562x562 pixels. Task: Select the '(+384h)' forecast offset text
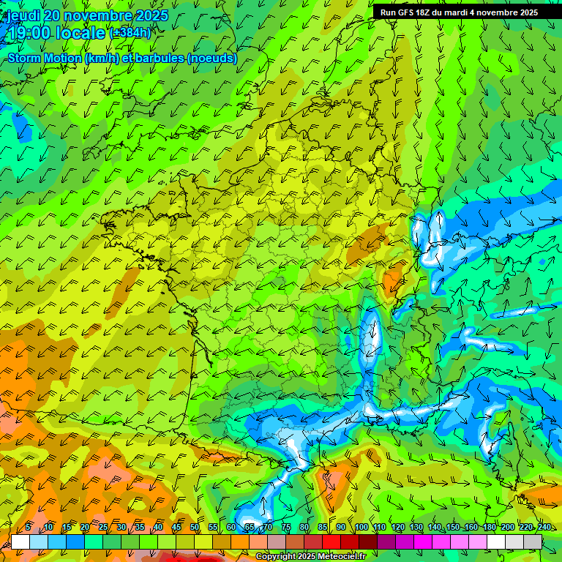tap(130, 33)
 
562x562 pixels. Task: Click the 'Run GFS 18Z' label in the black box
tap(404, 12)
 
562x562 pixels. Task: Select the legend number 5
tap(28, 528)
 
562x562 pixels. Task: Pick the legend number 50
tap(195, 528)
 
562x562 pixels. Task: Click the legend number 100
tap(361, 528)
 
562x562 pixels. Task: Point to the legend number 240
tap(544, 528)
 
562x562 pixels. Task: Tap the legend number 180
tap(489, 528)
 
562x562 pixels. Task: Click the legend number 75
tap(286, 528)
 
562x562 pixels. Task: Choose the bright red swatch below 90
tap(331, 542)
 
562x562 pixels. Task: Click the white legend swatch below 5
tap(20, 542)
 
